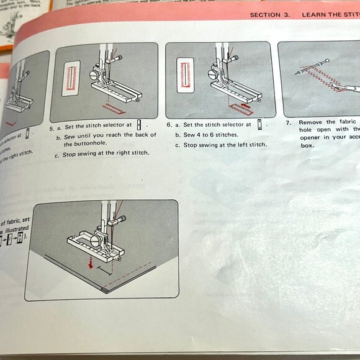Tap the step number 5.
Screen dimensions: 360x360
(52, 125)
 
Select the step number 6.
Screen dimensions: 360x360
(169, 125)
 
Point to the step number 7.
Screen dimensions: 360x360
(289, 122)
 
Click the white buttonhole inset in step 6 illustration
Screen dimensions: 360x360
(185, 75)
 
